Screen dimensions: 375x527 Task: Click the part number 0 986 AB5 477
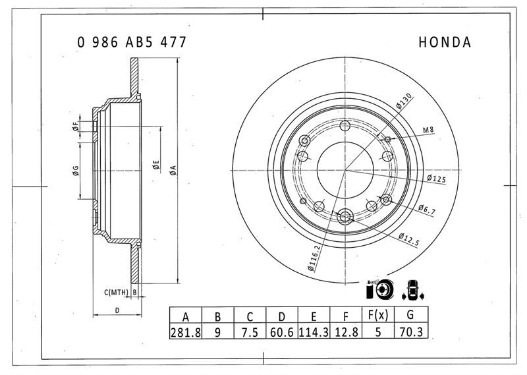tap(132, 42)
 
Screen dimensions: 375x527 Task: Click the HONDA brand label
tap(445, 42)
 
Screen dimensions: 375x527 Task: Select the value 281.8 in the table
tap(186, 332)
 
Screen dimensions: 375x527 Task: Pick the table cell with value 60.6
tap(281, 332)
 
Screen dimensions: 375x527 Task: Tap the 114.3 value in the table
tap(314, 332)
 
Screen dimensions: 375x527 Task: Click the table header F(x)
tap(377, 315)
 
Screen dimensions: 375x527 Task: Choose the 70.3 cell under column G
tap(410, 332)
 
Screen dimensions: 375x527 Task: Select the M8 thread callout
tap(428, 130)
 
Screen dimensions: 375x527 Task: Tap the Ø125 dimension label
tap(437, 179)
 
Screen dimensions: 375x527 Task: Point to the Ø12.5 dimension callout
tap(409, 239)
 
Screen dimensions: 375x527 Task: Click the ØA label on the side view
tap(173, 171)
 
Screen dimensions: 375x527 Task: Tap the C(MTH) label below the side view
tap(117, 291)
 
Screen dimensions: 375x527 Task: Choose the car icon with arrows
tap(413, 288)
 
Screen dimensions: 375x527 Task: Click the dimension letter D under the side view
tap(117, 310)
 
